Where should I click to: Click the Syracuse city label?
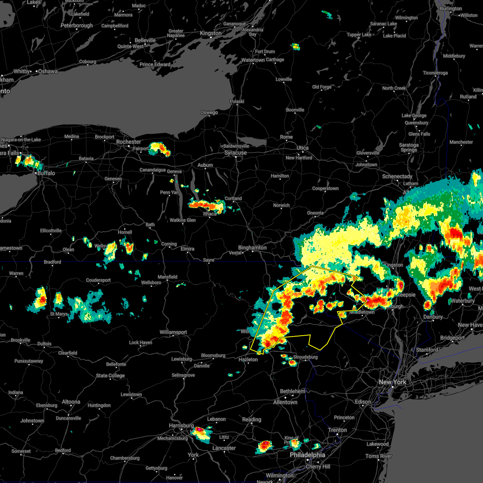click(235, 153)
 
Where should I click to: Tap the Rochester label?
click(128, 142)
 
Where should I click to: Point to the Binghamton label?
click(252, 248)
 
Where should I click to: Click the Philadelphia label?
click(308, 455)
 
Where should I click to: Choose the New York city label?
click(392, 382)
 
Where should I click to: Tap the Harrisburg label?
click(181, 426)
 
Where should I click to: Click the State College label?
click(110, 376)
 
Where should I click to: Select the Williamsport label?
click(173, 332)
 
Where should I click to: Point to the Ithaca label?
click(210, 214)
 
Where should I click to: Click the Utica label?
click(303, 148)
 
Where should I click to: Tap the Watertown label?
click(253, 60)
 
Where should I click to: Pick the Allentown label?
click(285, 402)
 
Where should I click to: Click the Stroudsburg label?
click(305, 357)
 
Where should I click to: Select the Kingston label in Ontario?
click(211, 33)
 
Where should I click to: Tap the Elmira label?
click(187, 249)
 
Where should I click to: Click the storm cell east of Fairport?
click(160, 149)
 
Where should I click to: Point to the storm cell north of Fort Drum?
click(296, 47)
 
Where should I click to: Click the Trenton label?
click(337, 430)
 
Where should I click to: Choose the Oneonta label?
click(315, 213)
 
